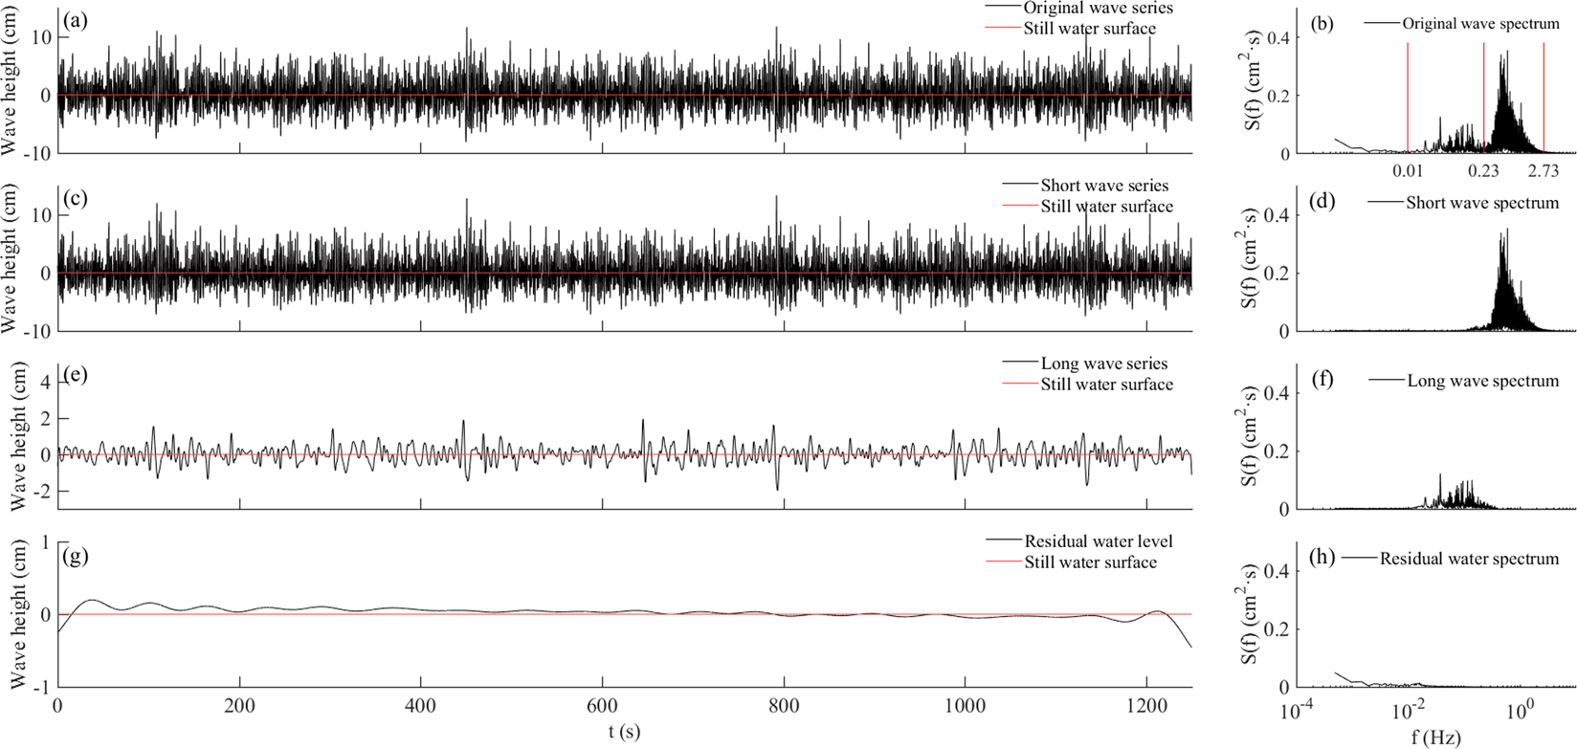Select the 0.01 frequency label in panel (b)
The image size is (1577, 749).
(1408, 170)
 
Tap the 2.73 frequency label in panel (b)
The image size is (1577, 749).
(1543, 170)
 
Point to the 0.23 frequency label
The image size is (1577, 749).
(1483, 170)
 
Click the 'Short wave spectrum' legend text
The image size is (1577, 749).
(1482, 203)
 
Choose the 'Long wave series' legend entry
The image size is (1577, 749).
(1104, 363)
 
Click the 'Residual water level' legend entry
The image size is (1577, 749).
(1098, 541)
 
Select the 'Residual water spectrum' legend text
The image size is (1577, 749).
(1469, 558)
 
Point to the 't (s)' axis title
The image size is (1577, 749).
(624, 732)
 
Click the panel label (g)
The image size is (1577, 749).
(73, 552)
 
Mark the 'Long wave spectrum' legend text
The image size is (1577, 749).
(1482, 381)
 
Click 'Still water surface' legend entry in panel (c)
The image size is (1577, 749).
(1106, 206)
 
